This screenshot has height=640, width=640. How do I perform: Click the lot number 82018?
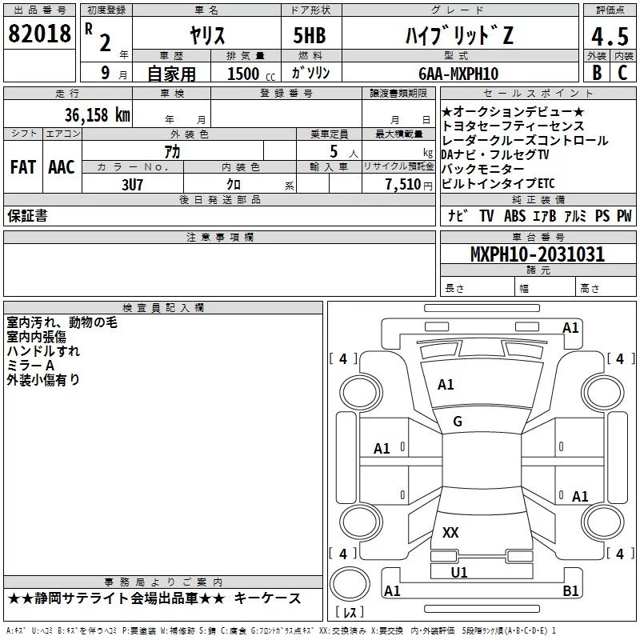[39, 34]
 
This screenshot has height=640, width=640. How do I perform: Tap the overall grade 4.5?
[610, 37]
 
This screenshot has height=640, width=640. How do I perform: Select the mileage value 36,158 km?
[97, 115]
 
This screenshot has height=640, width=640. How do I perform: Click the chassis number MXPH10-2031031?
[537, 254]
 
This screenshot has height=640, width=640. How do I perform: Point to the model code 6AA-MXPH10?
[458, 74]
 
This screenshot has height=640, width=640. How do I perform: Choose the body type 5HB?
[310, 35]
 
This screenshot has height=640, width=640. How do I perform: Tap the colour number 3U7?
[132, 185]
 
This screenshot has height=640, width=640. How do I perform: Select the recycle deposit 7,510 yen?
[409, 185]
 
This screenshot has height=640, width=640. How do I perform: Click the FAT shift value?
[23, 167]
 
